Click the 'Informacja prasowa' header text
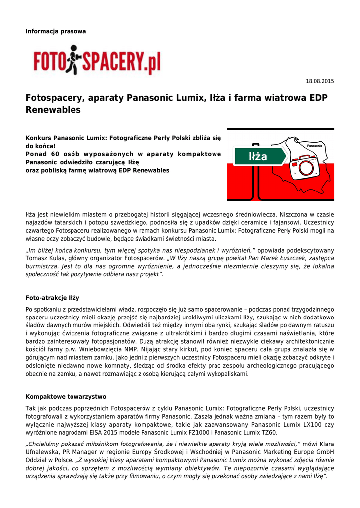(x=56, y=31)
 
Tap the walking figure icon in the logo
(x=74, y=60)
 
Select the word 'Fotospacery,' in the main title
(x=56, y=98)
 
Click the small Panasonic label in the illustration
(x=315, y=146)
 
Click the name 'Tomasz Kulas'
(x=45, y=258)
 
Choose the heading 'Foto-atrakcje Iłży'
(x=52, y=298)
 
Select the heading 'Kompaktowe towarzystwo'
(x=66, y=397)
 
